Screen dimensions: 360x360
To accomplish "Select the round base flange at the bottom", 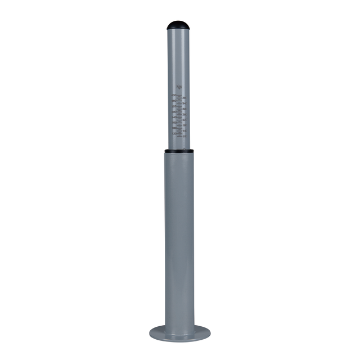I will click(179, 332).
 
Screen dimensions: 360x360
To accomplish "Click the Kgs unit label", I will click(179, 87).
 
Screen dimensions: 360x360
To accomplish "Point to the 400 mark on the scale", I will click(174, 96).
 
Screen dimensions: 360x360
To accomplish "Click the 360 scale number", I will click(174, 101).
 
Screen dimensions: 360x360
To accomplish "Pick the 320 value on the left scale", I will click(174, 107).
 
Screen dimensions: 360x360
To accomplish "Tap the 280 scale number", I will click(174, 112).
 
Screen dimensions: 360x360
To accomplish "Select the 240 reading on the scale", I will click(174, 118).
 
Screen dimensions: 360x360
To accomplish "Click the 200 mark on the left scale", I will click(174, 123).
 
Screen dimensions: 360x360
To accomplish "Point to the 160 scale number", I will click(174, 128).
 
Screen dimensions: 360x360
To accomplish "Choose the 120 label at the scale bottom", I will click(174, 134).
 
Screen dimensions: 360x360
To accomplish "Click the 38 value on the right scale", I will click(184, 98).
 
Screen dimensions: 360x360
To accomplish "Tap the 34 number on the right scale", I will click(184, 104).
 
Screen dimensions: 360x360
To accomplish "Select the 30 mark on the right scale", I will click(184, 109).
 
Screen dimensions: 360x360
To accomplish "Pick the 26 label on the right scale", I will click(184, 115).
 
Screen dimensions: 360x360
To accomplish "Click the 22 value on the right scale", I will click(184, 120).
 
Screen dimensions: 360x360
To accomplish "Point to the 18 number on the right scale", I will click(184, 125).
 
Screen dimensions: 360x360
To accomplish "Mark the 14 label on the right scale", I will click(184, 130).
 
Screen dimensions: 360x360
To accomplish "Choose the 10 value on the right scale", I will click(184, 136).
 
